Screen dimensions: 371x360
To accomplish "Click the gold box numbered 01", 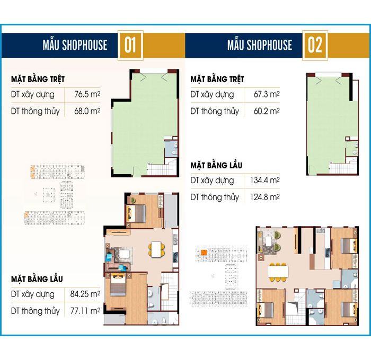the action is (x=130, y=46).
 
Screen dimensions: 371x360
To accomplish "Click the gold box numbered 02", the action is (x=315, y=46).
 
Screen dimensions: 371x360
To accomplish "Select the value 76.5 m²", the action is (x=87, y=94).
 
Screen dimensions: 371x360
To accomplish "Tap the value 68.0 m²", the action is (x=87, y=111).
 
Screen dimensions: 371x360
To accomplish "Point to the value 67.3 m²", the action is (x=267, y=94).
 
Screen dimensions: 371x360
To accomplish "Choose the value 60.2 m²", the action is (x=267, y=111).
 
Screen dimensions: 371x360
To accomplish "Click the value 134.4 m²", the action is (x=265, y=181).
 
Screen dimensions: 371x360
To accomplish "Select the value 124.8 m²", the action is (x=265, y=197).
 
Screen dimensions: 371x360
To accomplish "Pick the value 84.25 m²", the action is (x=85, y=294).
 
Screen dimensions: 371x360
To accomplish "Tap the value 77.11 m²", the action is (x=85, y=311).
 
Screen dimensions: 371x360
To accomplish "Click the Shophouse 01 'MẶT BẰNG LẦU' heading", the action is (x=37, y=279).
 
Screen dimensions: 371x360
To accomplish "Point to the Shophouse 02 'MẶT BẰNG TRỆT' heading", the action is (x=217, y=79).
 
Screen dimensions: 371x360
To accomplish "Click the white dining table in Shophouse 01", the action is (x=156, y=249).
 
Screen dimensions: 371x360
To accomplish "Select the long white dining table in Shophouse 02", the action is (x=278, y=272).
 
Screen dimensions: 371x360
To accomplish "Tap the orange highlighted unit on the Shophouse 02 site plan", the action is (x=204, y=253).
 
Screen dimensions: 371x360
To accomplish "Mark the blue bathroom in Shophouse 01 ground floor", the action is (x=171, y=148).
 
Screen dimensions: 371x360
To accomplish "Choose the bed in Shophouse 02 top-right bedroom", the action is (x=349, y=246).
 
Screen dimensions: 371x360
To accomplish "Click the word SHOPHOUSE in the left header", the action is (x=84, y=45).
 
